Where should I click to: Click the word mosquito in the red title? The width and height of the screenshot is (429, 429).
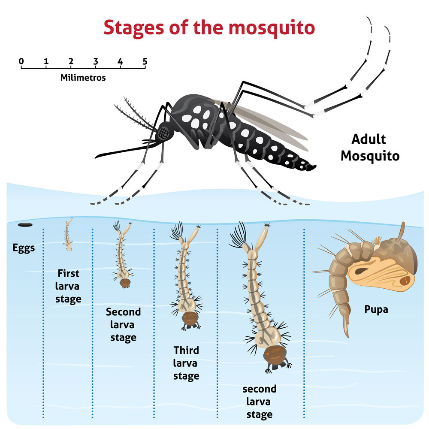(x=272, y=28)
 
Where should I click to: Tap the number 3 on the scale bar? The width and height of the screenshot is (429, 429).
(x=96, y=61)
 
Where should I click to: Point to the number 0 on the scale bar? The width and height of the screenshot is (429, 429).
(x=21, y=61)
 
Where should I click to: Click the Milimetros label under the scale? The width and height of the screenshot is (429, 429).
(x=83, y=78)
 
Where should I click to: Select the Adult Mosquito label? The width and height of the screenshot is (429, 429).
(x=370, y=148)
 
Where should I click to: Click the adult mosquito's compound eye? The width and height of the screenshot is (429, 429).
(x=163, y=133)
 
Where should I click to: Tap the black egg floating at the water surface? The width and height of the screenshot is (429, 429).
(x=25, y=225)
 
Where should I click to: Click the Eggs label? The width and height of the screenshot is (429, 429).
(x=24, y=248)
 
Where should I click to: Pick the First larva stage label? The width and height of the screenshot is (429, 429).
(x=68, y=286)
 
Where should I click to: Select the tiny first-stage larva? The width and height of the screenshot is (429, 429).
(x=68, y=234)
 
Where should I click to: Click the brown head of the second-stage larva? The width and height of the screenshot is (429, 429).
(x=125, y=283)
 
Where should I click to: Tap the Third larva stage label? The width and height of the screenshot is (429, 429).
(x=186, y=363)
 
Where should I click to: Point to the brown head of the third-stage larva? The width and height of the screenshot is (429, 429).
(x=190, y=318)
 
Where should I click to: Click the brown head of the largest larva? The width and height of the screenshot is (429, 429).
(x=275, y=355)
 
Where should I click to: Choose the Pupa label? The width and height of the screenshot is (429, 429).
(x=376, y=310)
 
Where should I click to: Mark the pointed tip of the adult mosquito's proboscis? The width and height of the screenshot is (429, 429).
(x=96, y=157)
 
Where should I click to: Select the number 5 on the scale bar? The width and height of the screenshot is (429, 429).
(x=145, y=61)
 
